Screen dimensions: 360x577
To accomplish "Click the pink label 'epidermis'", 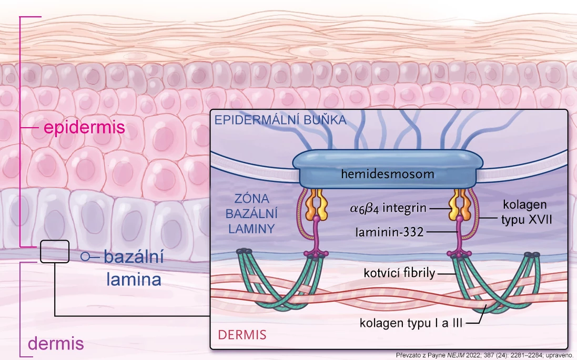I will pos(84,127).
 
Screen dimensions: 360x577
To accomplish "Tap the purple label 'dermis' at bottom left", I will pos(56,344).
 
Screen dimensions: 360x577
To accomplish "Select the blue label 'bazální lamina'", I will pos(134,268).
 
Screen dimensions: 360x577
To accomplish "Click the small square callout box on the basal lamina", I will pos(55,251).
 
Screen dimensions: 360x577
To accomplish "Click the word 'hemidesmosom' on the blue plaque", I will pos(387,173).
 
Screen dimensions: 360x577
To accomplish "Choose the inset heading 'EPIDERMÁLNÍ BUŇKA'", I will pos(280,120).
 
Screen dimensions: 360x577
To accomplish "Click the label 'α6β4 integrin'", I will pos(388,209).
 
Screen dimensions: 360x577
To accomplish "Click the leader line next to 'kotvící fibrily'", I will pos(446,273).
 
